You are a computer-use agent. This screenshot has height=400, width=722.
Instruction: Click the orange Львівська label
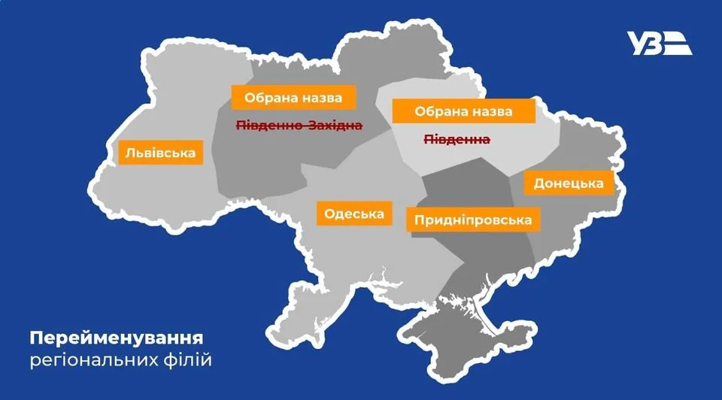[x=160, y=153]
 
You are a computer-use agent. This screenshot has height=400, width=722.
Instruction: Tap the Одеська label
[x=354, y=214]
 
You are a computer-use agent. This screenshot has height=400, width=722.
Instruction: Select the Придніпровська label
[x=473, y=220]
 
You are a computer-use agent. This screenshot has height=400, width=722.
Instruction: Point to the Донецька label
[x=569, y=183]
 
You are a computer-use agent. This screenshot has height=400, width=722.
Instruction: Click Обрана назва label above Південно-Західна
[x=292, y=98]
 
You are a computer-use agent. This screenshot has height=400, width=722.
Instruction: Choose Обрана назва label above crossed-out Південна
[x=463, y=111]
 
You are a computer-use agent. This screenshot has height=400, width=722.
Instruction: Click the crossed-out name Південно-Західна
[x=300, y=126]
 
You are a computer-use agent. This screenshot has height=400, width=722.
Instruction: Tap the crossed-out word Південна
[x=457, y=140]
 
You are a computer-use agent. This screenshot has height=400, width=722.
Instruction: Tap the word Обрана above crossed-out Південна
[x=436, y=111]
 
